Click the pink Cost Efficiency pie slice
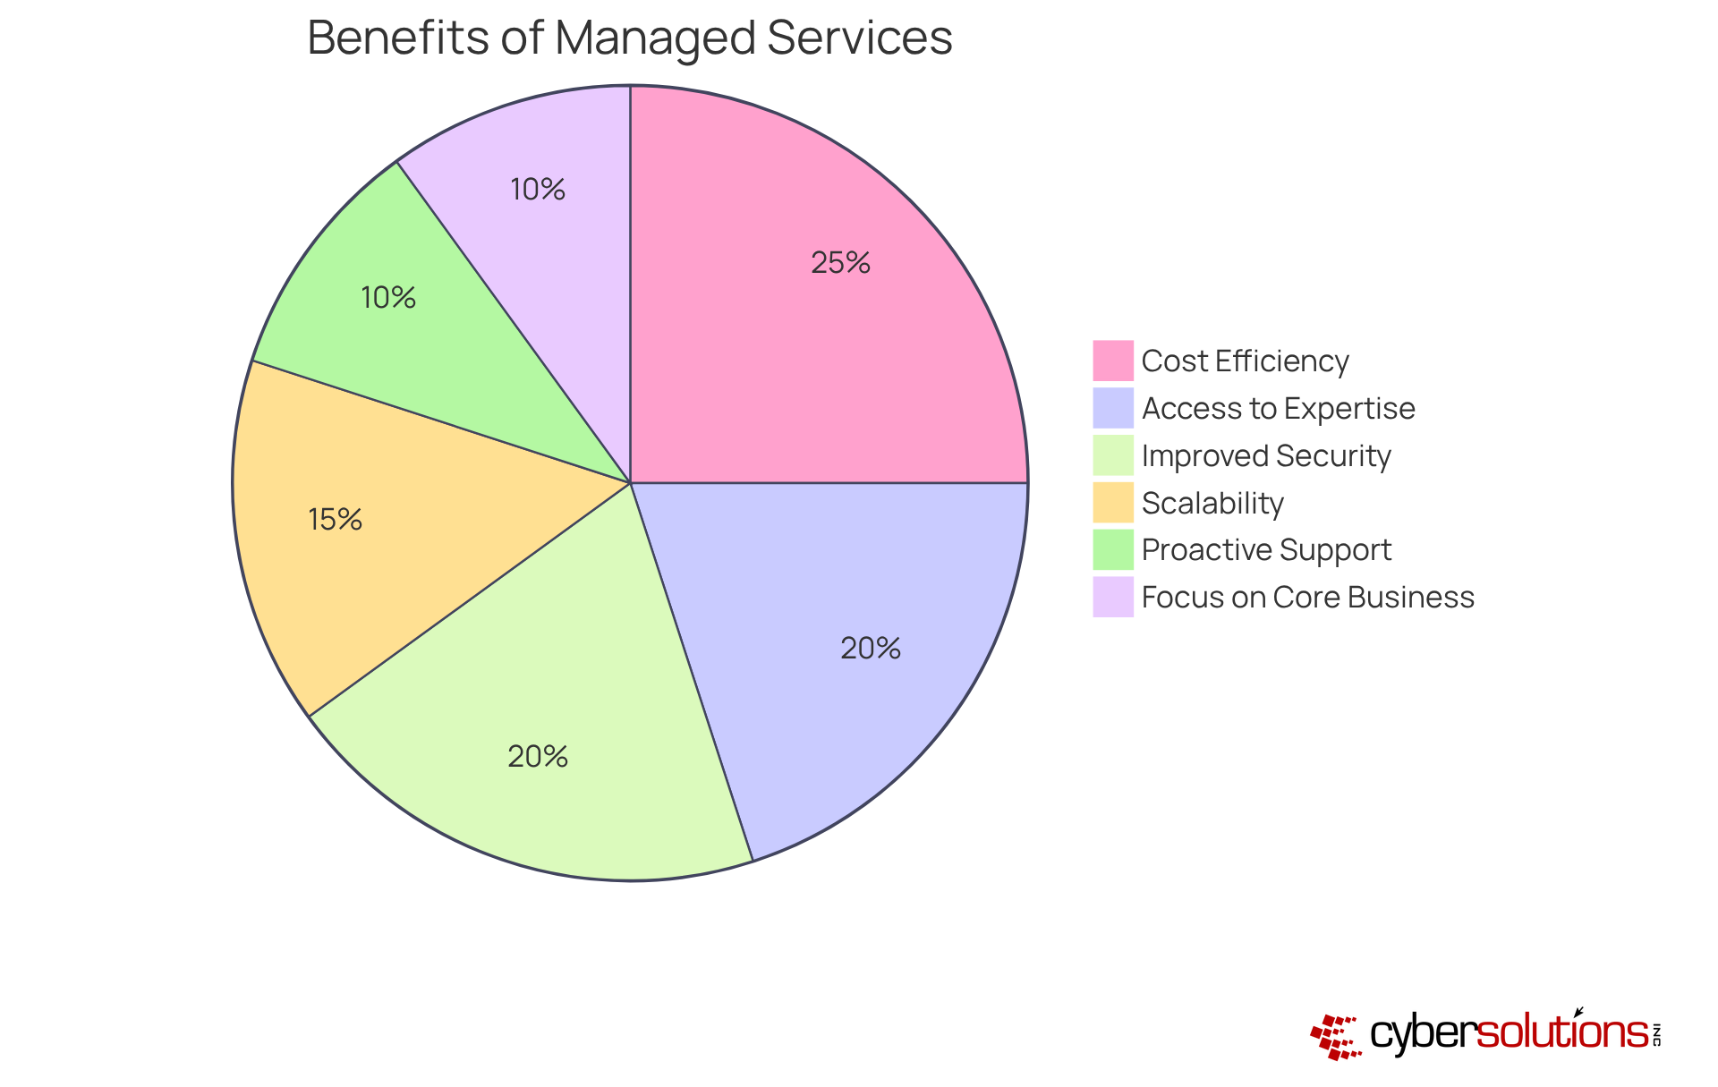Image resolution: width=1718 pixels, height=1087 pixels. tap(805, 340)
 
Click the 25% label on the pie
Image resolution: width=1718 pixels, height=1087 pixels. tap(840, 263)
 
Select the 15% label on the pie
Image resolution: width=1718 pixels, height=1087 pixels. tap(335, 520)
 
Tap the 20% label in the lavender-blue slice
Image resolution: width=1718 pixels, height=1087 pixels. tap(870, 649)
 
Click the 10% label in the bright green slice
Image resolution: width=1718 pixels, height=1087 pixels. tap(387, 298)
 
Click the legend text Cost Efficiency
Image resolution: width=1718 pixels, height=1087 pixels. tap(1245, 361)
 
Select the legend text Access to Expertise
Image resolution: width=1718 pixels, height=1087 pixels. tap(1278, 409)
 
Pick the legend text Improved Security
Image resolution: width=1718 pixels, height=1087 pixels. tap(1266, 456)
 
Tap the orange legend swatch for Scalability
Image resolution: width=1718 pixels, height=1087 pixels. tap(1112, 503)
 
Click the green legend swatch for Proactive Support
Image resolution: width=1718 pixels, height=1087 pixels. tap(1112, 550)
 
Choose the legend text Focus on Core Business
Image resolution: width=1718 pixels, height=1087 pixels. tap(1307, 598)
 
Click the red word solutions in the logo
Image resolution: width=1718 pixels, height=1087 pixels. tap(1562, 1033)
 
